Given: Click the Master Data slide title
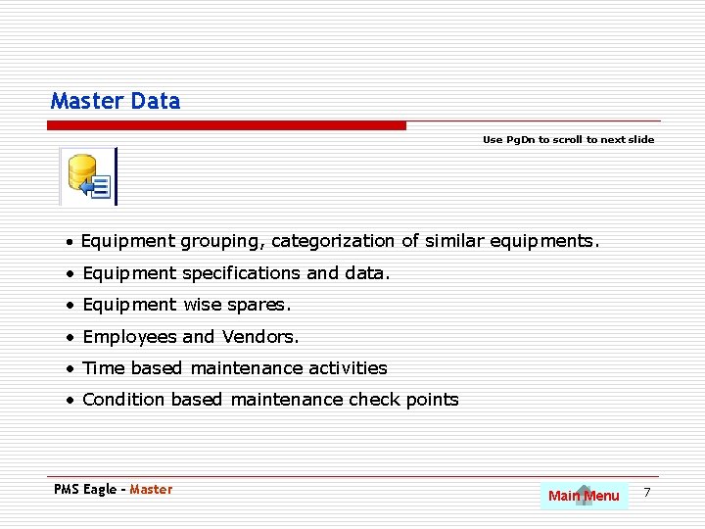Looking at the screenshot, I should [116, 101].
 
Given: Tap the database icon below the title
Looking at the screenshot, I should [88, 176].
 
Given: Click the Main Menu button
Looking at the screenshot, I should [584, 496].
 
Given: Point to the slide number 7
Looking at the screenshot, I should [646, 490].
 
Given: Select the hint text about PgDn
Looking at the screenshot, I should [568, 140].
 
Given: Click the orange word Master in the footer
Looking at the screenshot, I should [151, 490].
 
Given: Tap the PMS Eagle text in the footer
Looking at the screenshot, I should [85, 490].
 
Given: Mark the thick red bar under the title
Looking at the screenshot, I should [227, 125].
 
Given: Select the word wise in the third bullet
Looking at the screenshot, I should [203, 306].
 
